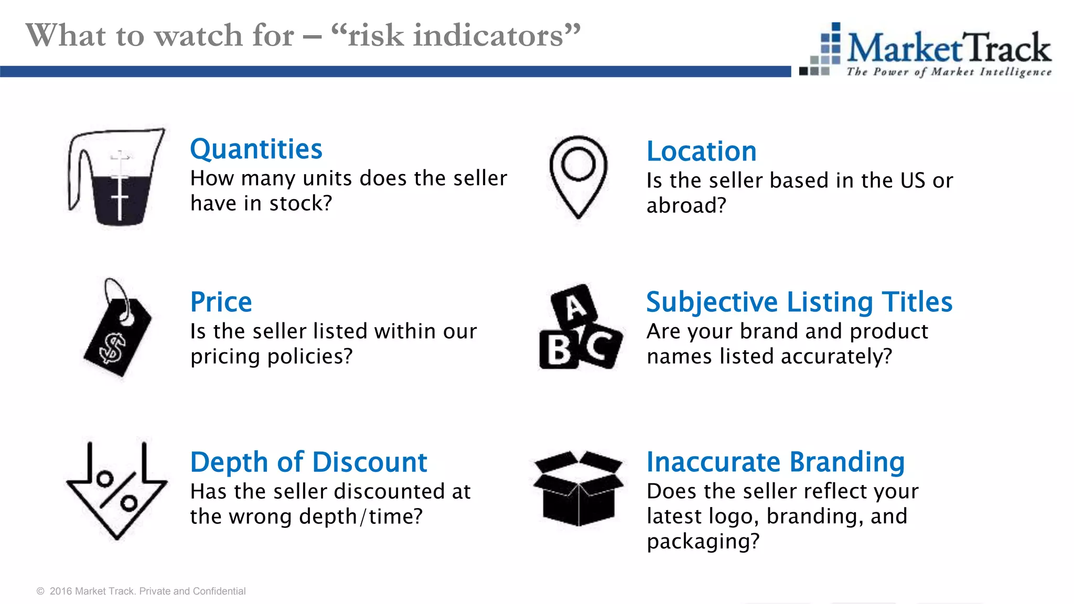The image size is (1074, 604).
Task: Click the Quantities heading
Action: pyautogui.click(x=256, y=149)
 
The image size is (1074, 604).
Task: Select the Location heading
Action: pyautogui.click(x=701, y=152)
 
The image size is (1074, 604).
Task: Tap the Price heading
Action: pyautogui.click(x=221, y=302)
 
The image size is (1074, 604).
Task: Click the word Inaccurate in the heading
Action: pyautogui.click(x=714, y=462)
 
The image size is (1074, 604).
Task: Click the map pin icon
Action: pyautogui.click(x=578, y=176)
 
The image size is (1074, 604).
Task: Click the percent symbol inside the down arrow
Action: pyautogui.click(x=117, y=491)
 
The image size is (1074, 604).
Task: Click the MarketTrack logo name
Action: pyautogui.click(x=948, y=48)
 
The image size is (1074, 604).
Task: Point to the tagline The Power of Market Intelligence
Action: pyautogui.click(x=948, y=72)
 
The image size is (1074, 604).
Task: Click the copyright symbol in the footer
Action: pyautogui.click(x=40, y=591)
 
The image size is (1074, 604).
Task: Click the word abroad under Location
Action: pyautogui.click(x=685, y=206)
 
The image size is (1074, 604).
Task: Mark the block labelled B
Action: pyautogui.click(x=559, y=350)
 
